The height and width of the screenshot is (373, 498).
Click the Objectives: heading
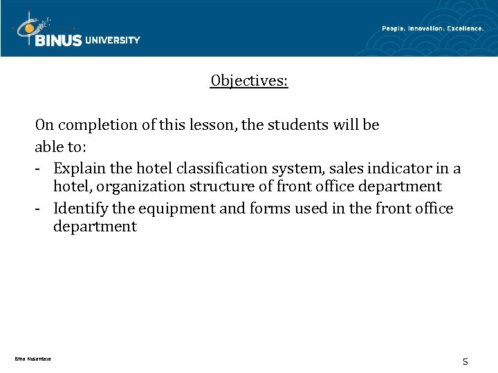pos(249,82)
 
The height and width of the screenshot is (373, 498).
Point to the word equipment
pos(175,208)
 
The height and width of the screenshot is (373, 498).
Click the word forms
pos(259,207)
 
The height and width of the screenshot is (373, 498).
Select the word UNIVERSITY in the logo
pos(113,40)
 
